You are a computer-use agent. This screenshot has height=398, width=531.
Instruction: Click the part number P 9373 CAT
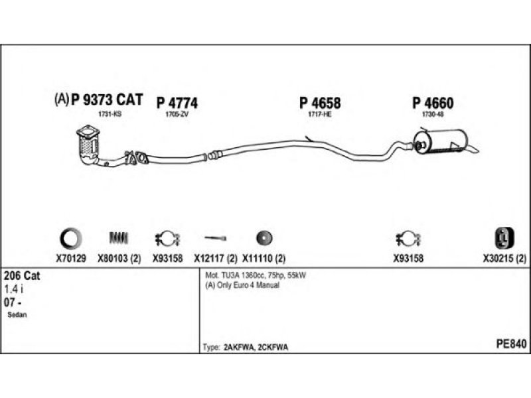106,100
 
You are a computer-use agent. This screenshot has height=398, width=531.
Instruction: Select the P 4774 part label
177,103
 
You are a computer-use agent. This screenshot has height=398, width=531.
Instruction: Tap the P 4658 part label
320,103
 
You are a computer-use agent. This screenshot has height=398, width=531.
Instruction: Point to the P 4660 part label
433,103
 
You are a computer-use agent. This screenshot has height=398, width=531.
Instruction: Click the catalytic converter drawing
88,145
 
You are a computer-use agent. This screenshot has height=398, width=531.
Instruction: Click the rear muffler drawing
440,141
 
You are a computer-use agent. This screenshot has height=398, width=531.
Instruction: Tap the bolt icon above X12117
216,237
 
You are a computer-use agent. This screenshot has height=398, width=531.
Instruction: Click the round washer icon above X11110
264,237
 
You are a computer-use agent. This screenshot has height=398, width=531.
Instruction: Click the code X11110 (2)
264,258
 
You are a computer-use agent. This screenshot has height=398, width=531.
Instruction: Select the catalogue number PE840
510,344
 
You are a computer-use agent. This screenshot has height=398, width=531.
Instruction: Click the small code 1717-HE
319,115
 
